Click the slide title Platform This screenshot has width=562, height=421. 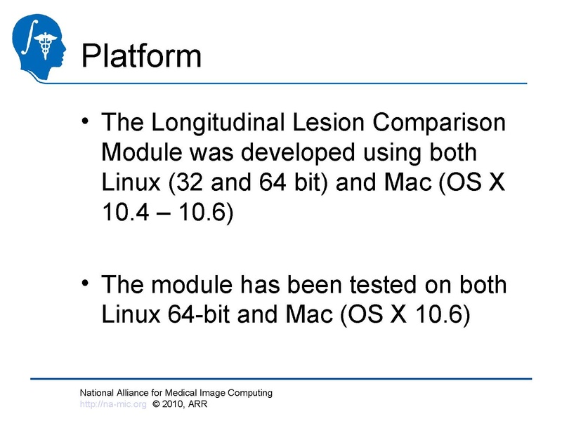tap(141, 55)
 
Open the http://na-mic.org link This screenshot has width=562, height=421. tap(112, 404)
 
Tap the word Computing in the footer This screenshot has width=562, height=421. tap(251, 393)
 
